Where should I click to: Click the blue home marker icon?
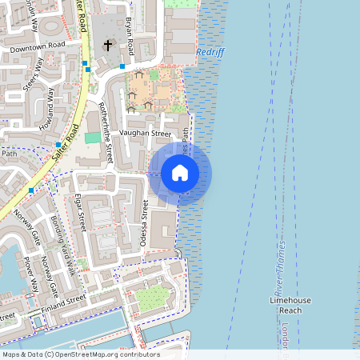coord(180,173)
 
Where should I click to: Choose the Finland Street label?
coord(64,302)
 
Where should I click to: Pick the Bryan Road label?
coord(131,30)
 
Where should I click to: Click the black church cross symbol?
coord(108,46)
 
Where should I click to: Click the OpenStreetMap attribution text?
coord(81,354)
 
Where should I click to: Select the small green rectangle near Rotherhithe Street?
coord(93,138)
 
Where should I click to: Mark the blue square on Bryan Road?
coord(122,66)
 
